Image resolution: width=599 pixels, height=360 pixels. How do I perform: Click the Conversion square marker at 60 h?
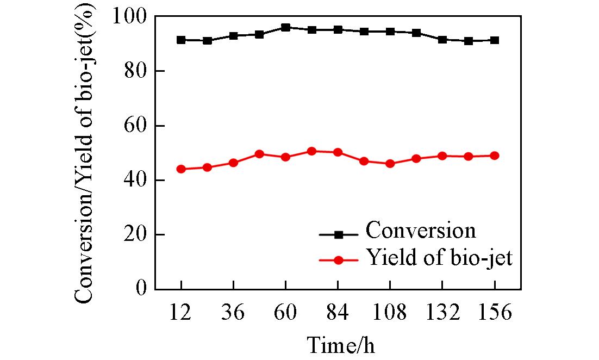pos(285,27)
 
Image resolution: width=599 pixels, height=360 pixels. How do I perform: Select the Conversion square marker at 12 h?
pos(181,40)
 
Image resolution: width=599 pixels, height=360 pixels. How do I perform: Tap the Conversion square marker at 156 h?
pos(495,40)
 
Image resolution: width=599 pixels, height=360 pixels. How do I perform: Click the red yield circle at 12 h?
pos(181,169)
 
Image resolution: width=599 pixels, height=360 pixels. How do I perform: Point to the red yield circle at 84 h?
pos(338,152)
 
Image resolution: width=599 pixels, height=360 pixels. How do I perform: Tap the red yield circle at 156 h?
pos(495,156)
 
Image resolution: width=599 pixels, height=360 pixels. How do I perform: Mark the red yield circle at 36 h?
pos(233,163)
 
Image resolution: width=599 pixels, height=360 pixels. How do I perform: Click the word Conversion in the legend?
pos(421,231)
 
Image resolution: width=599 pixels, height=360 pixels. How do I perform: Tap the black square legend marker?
pos(338,234)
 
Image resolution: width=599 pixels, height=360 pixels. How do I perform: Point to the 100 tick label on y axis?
pos(129,17)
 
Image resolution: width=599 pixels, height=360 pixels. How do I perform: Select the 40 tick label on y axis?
pos(136,181)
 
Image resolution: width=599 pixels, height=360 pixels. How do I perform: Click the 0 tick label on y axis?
pos(142,289)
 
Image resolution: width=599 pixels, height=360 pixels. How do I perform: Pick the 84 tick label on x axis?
pos(338,314)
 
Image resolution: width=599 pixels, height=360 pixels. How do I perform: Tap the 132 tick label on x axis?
pos(442,314)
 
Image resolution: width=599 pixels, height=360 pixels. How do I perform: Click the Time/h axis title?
pos(341,344)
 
